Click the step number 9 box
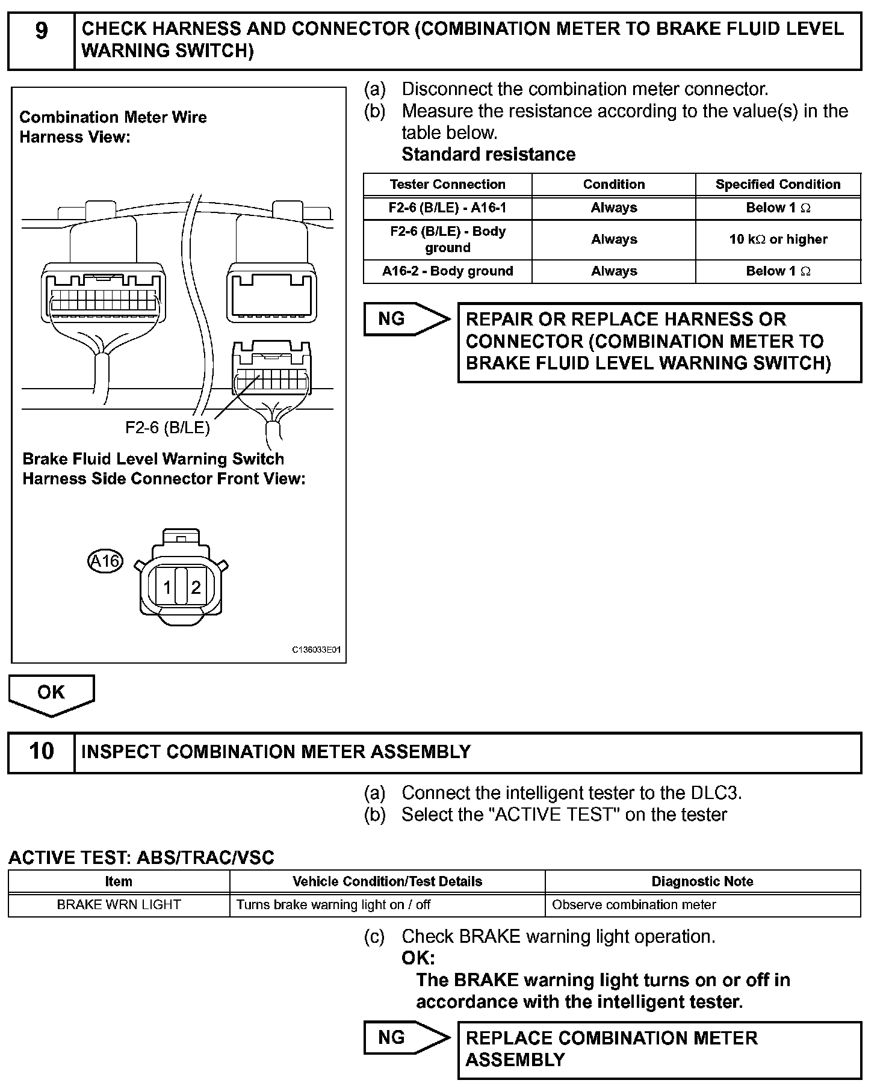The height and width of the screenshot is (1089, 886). [x=41, y=41]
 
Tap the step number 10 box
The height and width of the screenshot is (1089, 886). [x=41, y=751]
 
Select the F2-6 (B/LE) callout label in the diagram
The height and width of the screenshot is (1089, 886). [x=167, y=427]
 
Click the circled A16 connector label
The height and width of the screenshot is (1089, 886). [x=105, y=561]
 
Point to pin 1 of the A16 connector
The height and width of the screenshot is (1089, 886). [x=167, y=587]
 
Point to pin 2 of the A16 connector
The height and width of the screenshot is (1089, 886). [x=196, y=587]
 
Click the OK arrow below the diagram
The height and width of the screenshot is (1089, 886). [x=51, y=694]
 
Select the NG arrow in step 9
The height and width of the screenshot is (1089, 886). [x=405, y=319]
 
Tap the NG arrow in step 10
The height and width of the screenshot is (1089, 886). [x=405, y=1037]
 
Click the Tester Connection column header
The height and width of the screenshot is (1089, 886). [x=447, y=184]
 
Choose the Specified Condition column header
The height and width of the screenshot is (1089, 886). [x=778, y=184]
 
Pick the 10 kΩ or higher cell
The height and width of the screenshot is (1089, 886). [x=778, y=239]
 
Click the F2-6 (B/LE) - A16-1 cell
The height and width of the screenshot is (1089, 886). [x=447, y=208]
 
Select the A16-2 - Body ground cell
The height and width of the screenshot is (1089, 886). [x=447, y=271]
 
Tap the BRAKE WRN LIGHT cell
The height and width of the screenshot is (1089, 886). [x=119, y=905]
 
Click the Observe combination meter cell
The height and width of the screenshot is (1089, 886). [x=634, y=905]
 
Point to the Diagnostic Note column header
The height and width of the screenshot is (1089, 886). [x=702, y=881]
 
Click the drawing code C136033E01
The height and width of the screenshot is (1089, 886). [x=317, y=650]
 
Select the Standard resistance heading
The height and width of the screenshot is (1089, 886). [x=488, y=155]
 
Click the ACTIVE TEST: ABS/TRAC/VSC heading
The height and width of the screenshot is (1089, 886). [x=141, y=857]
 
